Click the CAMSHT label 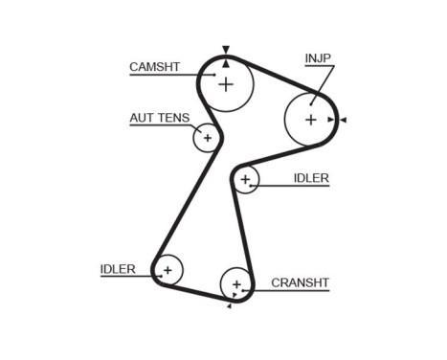tap(153, 67)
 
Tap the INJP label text tap(318, 59)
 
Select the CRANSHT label tap(300, 282)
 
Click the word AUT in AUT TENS tap(142, 119)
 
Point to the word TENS tap(173, 119)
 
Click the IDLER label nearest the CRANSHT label tap(118, 269)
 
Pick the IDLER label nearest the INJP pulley tap(311, 178)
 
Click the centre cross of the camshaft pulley tap(226, 84)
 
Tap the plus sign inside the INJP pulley tap(310, 120)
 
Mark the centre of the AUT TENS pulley tap(206, 138)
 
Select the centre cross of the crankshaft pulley tap(235, 283)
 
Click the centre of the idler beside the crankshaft tap(168, 270)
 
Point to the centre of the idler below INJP tap(245, 179)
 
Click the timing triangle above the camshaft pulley tap(226, 49)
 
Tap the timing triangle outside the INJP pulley tap(343, 120)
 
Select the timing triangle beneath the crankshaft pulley tap(230, 306)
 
